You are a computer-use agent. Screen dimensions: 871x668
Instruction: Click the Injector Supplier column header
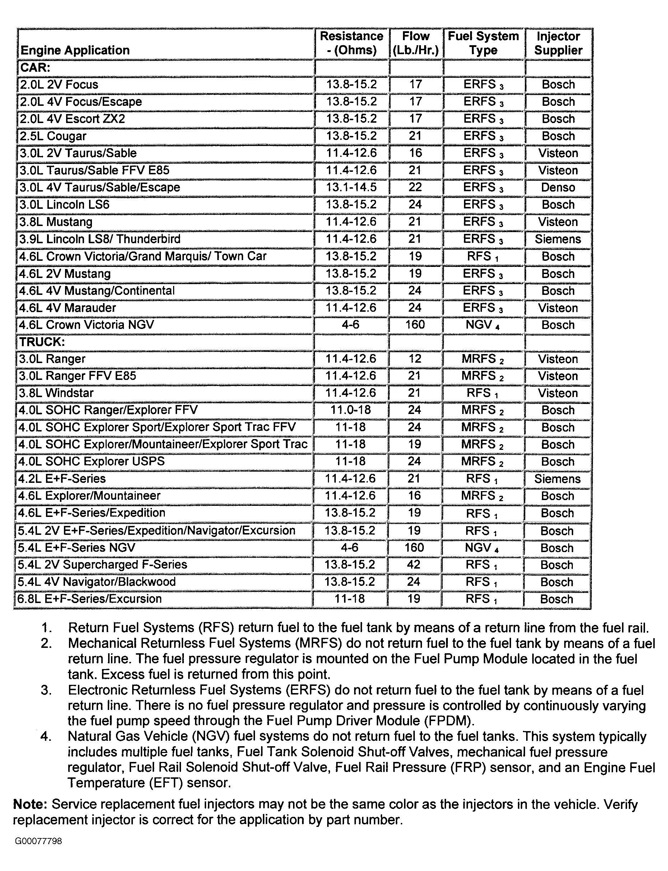tap(558, 43)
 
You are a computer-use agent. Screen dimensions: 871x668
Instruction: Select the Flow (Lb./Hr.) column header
tap(416, 43)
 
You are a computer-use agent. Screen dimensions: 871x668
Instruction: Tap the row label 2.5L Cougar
tap(53, 136)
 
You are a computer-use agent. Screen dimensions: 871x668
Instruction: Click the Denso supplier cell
tap(558, 188)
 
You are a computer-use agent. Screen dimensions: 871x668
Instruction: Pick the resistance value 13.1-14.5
tap(351, 188)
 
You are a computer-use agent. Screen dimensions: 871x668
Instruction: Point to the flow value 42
tap(414, 565)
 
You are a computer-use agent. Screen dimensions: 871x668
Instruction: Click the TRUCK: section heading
tap(42, 342)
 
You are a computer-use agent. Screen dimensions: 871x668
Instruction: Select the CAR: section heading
tap(36, 67)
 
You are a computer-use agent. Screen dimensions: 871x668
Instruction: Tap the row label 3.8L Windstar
tap(56, 393)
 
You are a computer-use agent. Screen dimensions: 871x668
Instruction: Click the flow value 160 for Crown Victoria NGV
tap(415, 325)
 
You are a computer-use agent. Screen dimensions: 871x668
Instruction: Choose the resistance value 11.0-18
tap(350, 410)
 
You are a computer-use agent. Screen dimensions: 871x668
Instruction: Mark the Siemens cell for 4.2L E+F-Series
tap(557, 479)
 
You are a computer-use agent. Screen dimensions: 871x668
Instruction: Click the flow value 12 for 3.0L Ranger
tap(414, 359)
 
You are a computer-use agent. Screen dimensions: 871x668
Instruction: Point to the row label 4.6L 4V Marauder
tap(68, 308)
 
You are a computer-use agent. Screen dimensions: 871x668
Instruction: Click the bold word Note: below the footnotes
tap(30, 804)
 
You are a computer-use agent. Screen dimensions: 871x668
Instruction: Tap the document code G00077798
tap(38, 841)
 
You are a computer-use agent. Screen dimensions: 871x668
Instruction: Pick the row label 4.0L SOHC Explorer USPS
tap(92, 462)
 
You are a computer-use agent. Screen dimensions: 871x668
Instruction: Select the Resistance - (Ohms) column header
tap(351, 43)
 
